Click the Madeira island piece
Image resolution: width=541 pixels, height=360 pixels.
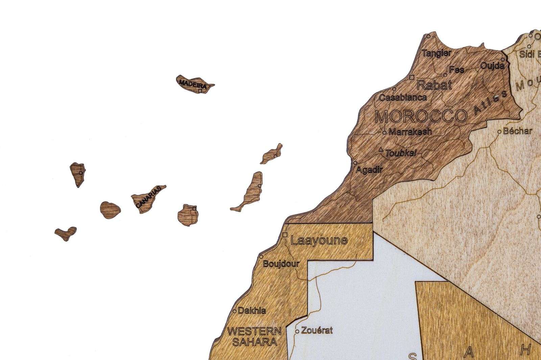point(194,84)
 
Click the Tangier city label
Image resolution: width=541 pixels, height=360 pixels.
point(437,53)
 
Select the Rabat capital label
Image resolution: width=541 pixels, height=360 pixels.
point(434,85)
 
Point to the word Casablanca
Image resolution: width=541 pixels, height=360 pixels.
point(403,98)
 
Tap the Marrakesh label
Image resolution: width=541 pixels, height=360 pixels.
point(410,132)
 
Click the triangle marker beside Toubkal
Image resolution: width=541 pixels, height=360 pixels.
point(381,149)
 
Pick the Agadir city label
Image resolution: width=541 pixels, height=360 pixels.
point(369,170)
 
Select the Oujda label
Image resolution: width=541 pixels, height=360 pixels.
point(492,66)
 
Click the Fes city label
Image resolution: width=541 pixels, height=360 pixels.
point(456,70)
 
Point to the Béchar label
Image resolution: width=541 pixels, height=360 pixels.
point(517,131)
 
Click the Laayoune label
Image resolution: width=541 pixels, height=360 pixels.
point(319,240)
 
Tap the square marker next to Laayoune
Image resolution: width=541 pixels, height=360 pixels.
point(285,235)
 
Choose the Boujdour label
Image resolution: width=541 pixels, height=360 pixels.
point(281,264)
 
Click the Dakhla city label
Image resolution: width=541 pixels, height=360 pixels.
point(252,310)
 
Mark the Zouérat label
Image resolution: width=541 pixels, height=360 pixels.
point(317,330)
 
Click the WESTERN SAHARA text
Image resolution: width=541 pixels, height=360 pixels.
point(254,336)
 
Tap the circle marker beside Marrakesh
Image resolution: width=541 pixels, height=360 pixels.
point(384,133)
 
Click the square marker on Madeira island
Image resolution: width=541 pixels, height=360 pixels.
point(200,91)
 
